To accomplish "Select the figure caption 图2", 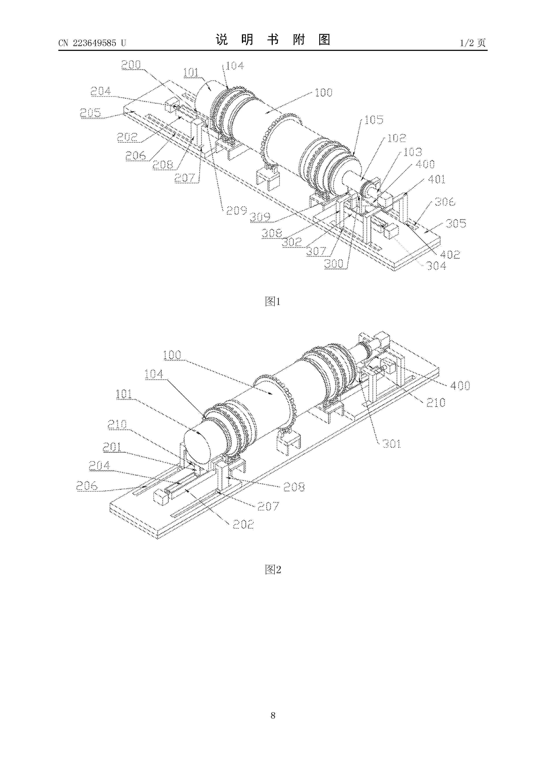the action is coord(273,569).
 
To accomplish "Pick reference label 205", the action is coord(90,112).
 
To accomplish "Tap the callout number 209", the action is coord(236,210).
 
